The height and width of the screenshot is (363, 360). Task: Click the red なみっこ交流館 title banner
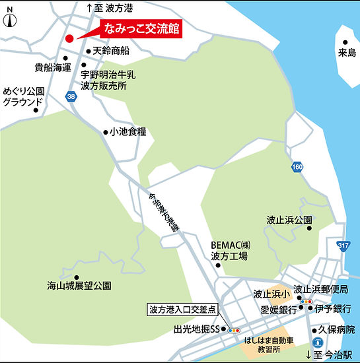click(139, 30)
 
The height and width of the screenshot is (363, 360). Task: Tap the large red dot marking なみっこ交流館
click(70, 38)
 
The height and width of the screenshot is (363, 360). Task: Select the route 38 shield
click(71, 96)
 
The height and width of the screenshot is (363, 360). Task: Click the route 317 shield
click(342, 246)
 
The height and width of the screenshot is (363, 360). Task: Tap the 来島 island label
click(346, 51)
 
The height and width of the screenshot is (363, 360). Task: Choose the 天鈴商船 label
click(112, 51)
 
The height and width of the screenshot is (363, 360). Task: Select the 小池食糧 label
click(128, 132)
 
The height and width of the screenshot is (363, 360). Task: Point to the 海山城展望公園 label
click(79, 286)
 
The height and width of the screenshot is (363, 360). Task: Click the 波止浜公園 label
click(289, 218)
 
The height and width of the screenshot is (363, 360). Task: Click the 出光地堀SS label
click(196, 328)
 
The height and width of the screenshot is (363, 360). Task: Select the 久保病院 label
click(336, 328)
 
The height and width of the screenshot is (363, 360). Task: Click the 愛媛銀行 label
click(278, 308)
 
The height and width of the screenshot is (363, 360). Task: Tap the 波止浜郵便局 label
click(321, 289)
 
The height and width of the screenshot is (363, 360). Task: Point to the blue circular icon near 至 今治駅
click(318, 342)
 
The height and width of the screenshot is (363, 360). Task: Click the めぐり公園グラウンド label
click(24, 97)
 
